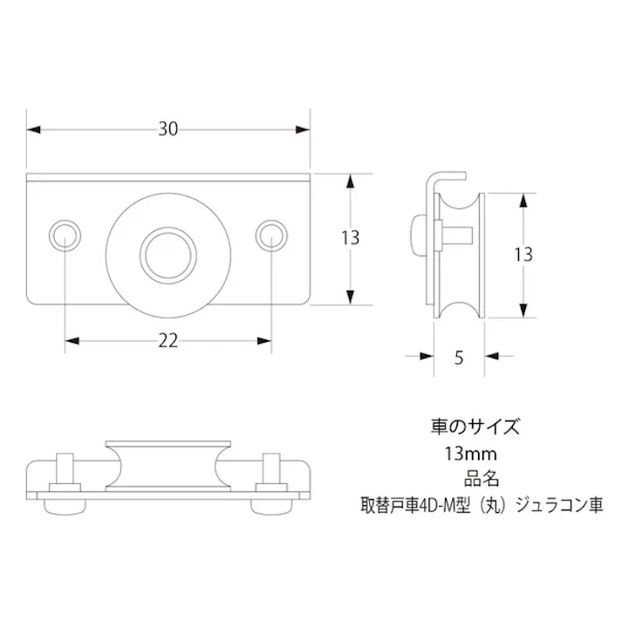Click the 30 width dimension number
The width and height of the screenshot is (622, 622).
[168, 129]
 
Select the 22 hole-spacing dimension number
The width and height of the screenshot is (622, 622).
[168, 340]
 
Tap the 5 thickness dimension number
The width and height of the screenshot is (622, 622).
[459, 356]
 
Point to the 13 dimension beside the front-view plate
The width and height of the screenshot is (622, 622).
[352, 237]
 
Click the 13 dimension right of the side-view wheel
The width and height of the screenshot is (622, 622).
[523, 255]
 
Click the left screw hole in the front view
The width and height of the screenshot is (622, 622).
[65, 235]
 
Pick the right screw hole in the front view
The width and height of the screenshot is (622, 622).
[272, 235]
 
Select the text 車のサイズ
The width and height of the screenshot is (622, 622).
[475, 427]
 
